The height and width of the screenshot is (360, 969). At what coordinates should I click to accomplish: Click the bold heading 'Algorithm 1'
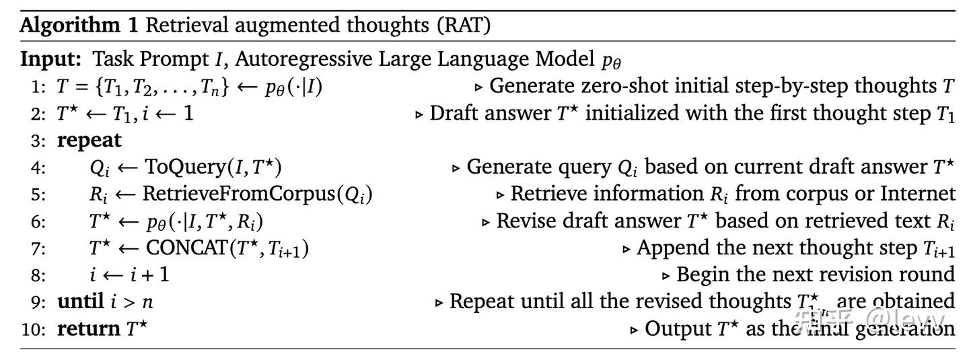click(79, 26)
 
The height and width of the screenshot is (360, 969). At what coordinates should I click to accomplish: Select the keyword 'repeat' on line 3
click(89, 141)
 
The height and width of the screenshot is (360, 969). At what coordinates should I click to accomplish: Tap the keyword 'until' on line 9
click(80, 301)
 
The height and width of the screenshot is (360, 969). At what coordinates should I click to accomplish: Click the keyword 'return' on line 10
click(88, 329)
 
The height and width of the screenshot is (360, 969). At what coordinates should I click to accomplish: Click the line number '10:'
click(34, 330)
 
